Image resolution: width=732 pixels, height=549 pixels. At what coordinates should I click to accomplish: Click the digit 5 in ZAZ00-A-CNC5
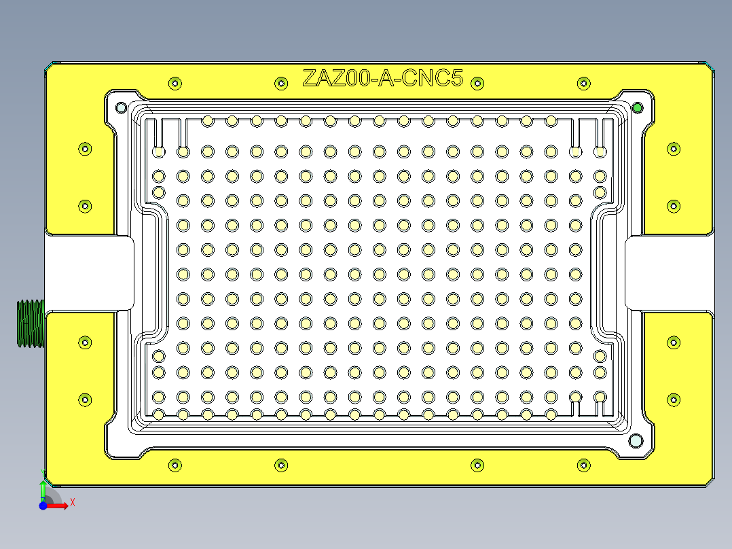[456, 79]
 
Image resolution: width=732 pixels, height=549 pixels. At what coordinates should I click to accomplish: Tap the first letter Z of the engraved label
[310, 79]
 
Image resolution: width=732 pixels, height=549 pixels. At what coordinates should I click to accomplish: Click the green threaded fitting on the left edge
[30, 323]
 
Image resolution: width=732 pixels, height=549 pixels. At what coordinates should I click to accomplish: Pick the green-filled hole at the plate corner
[637, 107]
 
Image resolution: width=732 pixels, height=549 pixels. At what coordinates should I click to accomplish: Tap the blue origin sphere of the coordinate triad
[43, 506]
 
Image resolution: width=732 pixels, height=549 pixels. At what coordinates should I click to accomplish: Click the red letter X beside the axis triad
[72, 502]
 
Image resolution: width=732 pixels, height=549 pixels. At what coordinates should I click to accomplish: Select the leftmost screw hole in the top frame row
[175, 83]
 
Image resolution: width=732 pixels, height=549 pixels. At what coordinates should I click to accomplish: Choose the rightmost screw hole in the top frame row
[583, 83]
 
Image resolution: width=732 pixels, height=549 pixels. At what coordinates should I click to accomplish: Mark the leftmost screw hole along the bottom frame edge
[175, 465]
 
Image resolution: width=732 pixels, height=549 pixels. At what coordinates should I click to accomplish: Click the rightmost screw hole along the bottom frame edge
[583, 465]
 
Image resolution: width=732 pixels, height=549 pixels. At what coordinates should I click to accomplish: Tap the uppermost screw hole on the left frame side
[85, 148]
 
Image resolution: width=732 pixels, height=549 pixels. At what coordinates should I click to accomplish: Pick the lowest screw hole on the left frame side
[85, 400]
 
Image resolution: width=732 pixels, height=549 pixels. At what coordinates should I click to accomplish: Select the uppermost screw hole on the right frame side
[674, 148]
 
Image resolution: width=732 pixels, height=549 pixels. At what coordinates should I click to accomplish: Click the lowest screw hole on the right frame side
[674, 400]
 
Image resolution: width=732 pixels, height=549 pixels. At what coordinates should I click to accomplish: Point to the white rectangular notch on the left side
[89, 272]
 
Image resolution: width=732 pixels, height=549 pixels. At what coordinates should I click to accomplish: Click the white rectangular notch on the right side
[669, 272]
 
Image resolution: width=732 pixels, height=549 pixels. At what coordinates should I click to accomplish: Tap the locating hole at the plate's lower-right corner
[636, 440]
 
